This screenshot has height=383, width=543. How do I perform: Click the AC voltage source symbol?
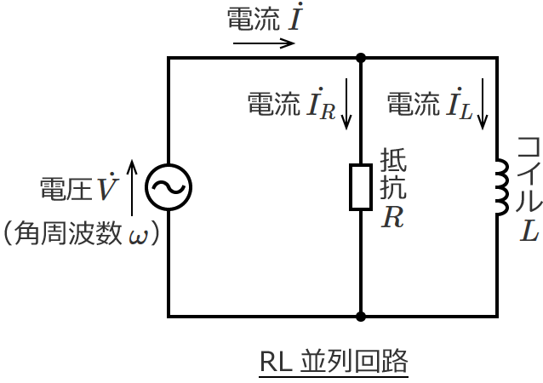[168, 187]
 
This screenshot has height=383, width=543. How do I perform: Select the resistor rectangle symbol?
[361, 187]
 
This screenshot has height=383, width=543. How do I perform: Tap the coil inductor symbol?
[500, 187]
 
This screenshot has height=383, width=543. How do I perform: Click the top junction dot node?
[361, 58]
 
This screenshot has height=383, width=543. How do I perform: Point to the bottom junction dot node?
[361, 317]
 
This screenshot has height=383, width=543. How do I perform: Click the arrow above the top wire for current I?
[263, 42]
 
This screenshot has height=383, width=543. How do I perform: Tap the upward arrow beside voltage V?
[132, 186]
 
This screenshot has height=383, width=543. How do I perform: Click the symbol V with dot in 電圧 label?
[106, 187]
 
